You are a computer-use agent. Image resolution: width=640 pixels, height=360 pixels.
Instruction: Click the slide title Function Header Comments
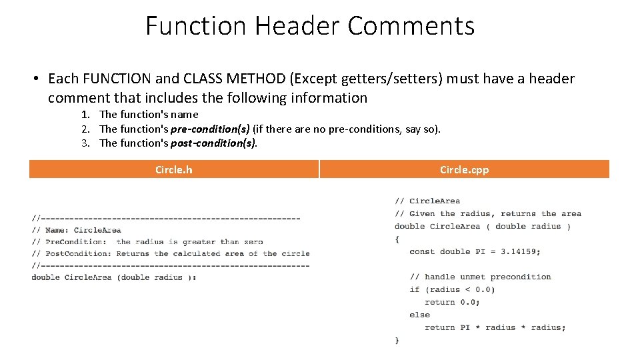coord(310,26)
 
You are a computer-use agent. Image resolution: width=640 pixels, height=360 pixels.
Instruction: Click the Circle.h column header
coord(173,169)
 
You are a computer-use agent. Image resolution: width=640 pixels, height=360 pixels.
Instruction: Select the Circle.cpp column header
coord(464,169)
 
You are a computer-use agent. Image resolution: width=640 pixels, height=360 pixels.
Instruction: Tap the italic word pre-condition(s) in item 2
coord(210,129)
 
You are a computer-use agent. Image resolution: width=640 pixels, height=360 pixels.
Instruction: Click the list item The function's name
coord(149,115)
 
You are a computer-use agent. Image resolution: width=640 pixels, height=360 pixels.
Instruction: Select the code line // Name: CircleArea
coord(77,230)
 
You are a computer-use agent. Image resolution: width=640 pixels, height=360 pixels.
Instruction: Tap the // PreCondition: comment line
coord(147,242)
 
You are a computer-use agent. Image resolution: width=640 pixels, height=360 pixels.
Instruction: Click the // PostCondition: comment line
coord(171,254)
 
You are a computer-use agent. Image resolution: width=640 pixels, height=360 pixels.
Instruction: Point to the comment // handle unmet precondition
coord(480,277)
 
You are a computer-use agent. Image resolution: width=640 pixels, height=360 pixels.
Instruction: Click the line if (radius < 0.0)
coord(452,289)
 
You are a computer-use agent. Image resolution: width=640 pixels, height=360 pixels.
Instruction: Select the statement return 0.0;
coord(452,302)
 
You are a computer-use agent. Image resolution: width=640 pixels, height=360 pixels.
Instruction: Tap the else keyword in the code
coord(419,315)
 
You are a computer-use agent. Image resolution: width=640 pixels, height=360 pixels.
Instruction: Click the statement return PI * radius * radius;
coord(495,327)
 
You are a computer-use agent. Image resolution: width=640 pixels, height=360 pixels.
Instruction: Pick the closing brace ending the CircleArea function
coord(397,340)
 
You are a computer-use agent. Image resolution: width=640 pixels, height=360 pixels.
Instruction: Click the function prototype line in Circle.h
coord(113,277)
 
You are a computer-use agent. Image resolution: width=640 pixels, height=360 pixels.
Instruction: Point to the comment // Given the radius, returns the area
coord(487,214)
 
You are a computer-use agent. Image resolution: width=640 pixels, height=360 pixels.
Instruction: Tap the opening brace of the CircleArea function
coord(397,239)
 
